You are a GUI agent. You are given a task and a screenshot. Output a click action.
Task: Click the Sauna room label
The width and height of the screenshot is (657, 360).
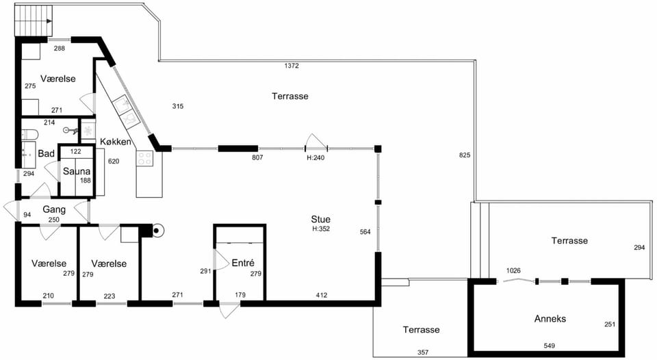click(x=77, y=171)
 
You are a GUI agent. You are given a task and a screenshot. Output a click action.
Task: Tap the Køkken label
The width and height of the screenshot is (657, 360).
click(x=116, y=142)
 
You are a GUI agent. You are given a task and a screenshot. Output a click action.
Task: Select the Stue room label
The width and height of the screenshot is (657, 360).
click(x=320, y=219)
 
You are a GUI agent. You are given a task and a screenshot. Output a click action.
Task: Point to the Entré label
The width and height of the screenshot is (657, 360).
click(x=243, y=263)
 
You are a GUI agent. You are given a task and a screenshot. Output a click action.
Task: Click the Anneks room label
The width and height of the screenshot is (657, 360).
click(x=550, y=318)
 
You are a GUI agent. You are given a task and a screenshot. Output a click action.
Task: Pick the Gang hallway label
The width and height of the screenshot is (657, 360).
click(x=54, y=209)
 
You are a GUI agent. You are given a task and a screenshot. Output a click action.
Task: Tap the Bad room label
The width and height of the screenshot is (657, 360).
click(x=46, y=153)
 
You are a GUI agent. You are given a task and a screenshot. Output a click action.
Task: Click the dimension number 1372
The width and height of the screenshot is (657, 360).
click(x=292, y=66)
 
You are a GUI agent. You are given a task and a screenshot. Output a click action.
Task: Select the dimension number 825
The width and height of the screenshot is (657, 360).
click(x=465, y=155)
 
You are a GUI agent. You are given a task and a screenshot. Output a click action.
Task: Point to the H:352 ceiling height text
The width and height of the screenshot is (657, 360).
click(x=321, y=229)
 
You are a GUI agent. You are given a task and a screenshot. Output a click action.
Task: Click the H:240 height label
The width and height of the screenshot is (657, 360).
click(x=315, y=158)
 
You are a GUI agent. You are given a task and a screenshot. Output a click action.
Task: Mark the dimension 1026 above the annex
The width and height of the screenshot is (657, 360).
click(x=513, y=271)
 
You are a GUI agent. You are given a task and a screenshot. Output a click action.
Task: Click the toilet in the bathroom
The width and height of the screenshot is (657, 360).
click(x=29, y=135)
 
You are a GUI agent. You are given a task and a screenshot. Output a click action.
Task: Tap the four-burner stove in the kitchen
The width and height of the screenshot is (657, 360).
click(x=144, y=158)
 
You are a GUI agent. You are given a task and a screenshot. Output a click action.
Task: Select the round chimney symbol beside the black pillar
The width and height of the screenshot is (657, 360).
click(x=157, y=230)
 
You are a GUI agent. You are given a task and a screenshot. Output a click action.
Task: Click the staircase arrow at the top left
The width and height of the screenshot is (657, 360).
click(x=49, y=21)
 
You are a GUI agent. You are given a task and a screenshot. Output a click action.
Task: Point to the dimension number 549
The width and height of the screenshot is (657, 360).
click(x=550, y=346)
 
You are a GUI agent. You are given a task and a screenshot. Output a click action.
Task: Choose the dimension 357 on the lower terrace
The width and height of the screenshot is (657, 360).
click(x=423, y=352)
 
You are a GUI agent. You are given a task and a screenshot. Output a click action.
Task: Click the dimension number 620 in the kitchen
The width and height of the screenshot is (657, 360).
click(x=114, y=162)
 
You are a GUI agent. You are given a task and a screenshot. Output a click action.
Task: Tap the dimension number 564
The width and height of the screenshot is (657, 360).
click(x=365, y=232)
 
